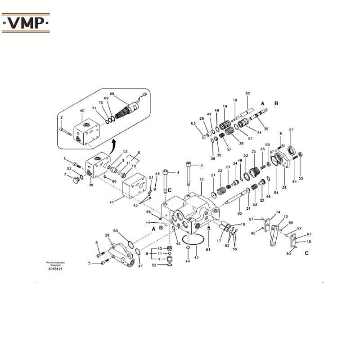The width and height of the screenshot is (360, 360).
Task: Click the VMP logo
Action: pos(26,22)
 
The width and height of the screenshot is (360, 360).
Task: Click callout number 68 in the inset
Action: pos(112,94)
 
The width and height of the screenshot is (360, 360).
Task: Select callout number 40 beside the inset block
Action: pos(82,111)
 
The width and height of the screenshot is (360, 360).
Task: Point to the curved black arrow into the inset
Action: pos(113,144)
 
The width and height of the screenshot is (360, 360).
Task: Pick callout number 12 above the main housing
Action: pos(202,180)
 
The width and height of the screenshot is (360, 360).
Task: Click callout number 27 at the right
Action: pos(291,130)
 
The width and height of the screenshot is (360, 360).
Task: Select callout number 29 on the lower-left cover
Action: pos(107,235)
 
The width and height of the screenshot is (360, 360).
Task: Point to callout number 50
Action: pos(116,231)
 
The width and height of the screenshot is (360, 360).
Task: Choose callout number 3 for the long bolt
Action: pos(202,165)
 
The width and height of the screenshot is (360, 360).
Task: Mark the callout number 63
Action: pos(193,123)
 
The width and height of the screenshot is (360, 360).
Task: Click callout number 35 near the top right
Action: pos(266,129)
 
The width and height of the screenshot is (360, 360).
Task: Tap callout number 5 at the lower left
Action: pos(90,263)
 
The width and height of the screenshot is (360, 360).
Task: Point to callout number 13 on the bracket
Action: pos(285,216)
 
